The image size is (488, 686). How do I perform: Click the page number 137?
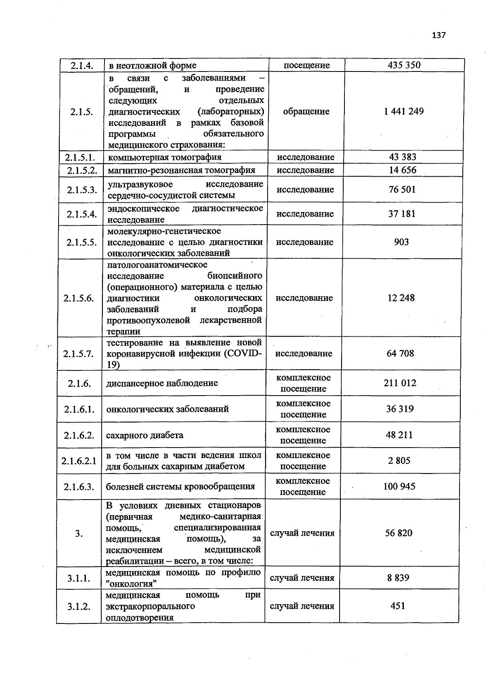point(439,35)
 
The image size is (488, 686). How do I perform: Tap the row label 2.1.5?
point(81,112)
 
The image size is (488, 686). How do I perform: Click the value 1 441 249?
point(403,111)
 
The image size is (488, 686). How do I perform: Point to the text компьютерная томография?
point(165,158)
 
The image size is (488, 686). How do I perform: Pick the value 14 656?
point(403,170)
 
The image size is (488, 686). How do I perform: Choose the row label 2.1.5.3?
point(82,190)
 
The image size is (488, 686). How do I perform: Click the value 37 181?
point(402,214)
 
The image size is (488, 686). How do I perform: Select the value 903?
point(401,242)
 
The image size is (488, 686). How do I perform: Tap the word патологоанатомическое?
point(157,265)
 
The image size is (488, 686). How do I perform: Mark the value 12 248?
point(401,298)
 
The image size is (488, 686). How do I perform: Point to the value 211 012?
point(400,383)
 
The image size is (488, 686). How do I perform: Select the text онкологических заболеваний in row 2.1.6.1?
point(167,409)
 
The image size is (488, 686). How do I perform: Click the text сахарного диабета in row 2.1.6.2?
point(144,435)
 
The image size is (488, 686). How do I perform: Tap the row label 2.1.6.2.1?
point(79,461)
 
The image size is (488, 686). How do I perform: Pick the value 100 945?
point(399,486)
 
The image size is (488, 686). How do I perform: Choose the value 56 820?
point(399,533)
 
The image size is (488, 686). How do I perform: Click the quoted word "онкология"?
point(131,584)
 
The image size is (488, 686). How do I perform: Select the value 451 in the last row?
point(398,606)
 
